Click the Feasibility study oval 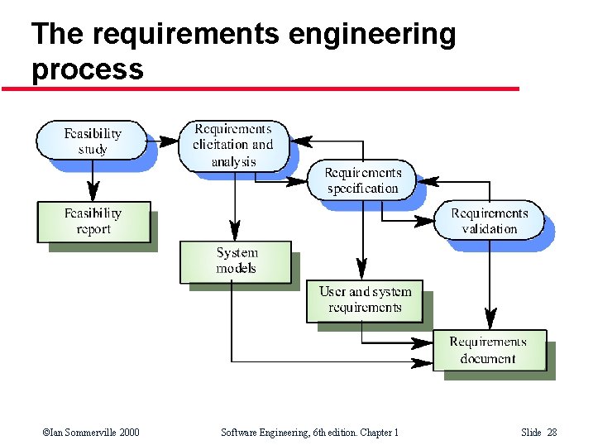pyautogui.click(x=92, y=141)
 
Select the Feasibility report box pyautogui.click(x=93, y=221)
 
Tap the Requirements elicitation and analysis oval pyautogui.click(x=233, y=146)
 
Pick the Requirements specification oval pyautogui.click(x=362, y=180)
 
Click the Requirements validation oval pyautogui.click(x=489, y=221)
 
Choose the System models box pyautogui.click(x=236, y=261)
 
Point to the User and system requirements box pyautogui.click(x=364, y=300)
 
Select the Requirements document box pyautogui.click(x=489, y=350)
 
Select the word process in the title pyautogui.click(x=88, y=69)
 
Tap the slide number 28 pyautogui.click(x=552, y=432)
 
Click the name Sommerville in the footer pyautogui.click(x=87, y=432)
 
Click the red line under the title pyautogui.click(x=261, y=88)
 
